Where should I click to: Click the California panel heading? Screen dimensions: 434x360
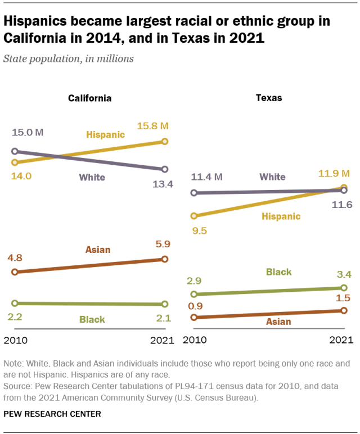pos(90,98)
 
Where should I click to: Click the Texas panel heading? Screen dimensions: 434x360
pos(269,98)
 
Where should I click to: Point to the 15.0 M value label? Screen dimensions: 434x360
pos(26,133)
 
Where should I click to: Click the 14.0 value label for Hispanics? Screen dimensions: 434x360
pos(19,176)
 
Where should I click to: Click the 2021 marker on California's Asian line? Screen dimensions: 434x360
pos(165,259)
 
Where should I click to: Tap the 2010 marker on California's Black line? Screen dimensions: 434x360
pos(15,303)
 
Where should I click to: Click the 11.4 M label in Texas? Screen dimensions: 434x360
pos(206,177)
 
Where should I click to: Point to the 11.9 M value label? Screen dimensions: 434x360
pos(332,172)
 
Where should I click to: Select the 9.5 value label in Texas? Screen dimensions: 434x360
pos(200,230)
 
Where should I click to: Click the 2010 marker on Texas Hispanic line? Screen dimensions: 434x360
pos(194,215)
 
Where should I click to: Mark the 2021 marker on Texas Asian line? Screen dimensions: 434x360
pos(344,310)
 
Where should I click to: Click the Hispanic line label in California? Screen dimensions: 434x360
pos(105,135)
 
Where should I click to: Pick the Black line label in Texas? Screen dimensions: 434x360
pos(278,272)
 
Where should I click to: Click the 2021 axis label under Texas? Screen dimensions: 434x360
pos(341,340)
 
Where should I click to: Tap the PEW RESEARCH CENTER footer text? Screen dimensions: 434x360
pos(53,414)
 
